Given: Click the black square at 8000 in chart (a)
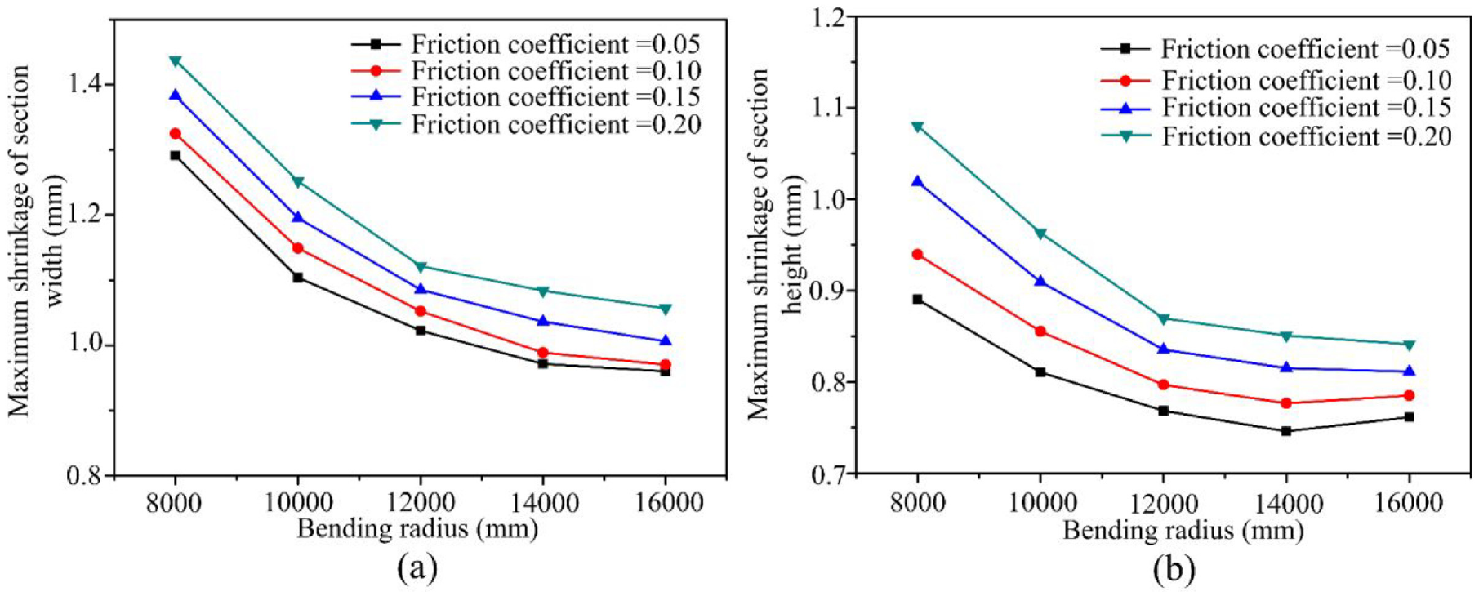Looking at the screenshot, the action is pos(175,155).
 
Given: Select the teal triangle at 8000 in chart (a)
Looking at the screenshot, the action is pos(175,61).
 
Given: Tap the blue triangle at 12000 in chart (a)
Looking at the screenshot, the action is pos(421,288).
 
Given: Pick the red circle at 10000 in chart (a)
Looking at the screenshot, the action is pos(297,248).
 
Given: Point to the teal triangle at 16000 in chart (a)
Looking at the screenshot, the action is pos(666,309).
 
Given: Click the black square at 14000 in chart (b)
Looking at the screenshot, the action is pos(1286,431).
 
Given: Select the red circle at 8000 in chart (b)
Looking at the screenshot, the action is pos(918,255).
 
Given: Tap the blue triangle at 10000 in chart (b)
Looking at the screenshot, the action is pos(1040,281).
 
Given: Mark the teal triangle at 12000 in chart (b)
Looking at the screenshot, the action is pos(1163,318).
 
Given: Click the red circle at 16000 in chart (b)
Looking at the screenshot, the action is pos(1409,396).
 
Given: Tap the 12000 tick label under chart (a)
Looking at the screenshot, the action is pos(421,502).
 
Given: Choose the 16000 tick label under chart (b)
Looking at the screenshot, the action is pos(1408,502).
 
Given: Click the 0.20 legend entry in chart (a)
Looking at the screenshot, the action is pos(527,124).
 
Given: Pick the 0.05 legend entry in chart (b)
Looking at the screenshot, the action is pos(1276,49).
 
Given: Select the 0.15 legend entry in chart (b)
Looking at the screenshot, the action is pos(1276,108).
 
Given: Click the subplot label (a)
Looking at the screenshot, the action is pos(417,567).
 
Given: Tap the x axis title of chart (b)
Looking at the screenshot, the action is pos(1183,532).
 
